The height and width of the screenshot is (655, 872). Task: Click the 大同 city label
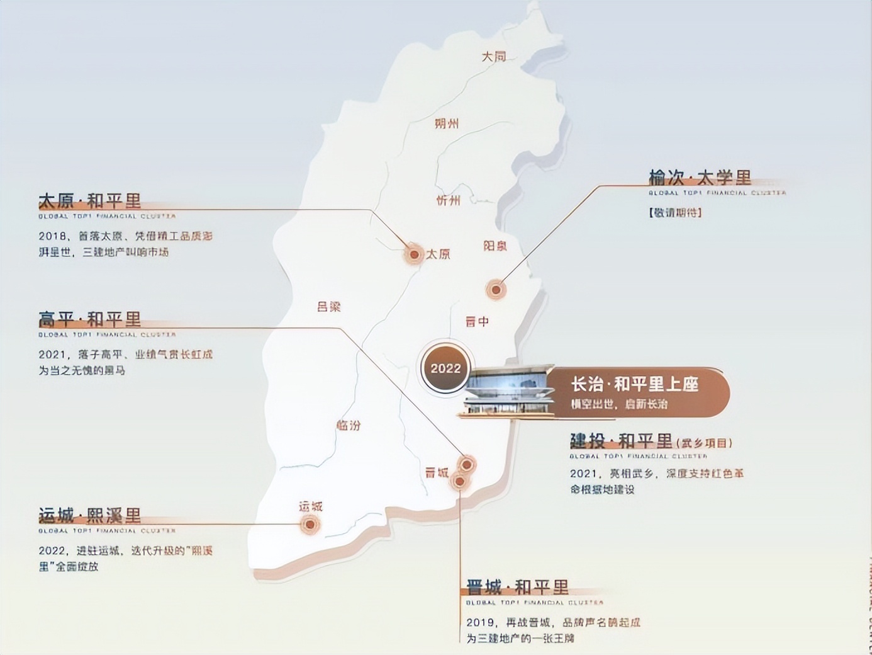click(x=494, y=57)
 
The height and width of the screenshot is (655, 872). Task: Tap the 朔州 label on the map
click(x=447, y=123)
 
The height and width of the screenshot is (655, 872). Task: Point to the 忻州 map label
click(x=449, y=201)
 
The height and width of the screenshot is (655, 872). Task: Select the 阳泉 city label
click(x=495, y=246)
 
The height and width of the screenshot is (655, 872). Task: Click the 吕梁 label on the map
click(x=328, y=307)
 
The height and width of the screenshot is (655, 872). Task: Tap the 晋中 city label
click(x=477, y=321)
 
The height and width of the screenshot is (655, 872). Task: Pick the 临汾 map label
click(x=349, y=425)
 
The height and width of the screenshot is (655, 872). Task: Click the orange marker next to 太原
click(x=414, y=254)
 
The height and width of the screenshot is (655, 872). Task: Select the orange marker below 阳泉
click(x=496, y=290)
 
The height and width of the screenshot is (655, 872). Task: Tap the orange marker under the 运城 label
click(x=310, y=524)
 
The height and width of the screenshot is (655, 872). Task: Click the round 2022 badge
click(x=445, y=368)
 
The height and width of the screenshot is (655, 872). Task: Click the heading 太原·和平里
click(x=89, y=201)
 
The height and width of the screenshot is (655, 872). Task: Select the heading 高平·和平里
click(x=89, y=319)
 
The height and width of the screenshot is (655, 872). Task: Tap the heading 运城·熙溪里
click(x=89, y=516)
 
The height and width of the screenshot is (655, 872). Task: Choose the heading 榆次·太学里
click(x=700, y=178)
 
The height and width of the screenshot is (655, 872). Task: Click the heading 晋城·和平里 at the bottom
click(x=517, y=588)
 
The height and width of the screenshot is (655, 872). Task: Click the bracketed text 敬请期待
click(x=675, y=212)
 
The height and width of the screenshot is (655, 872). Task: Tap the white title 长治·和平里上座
click(x=634, y=384)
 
